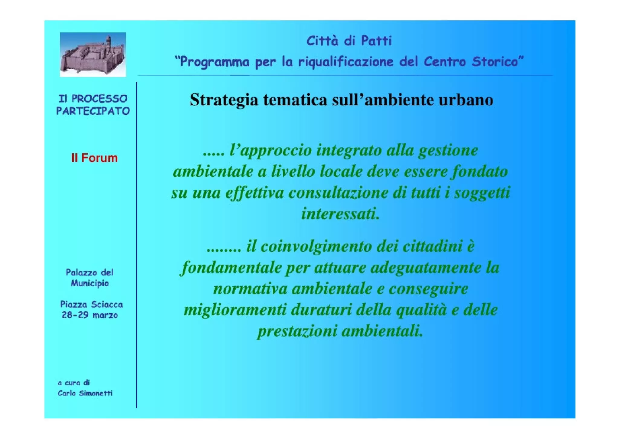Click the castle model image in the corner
click(92, 54)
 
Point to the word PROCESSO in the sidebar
click(99, 99)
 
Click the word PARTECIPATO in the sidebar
click(93, 111)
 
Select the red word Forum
click(99, 158)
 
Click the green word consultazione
click(338, 193)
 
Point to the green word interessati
click(340, 214)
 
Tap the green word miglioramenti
click(235, 310)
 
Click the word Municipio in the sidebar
click(90, 284)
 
